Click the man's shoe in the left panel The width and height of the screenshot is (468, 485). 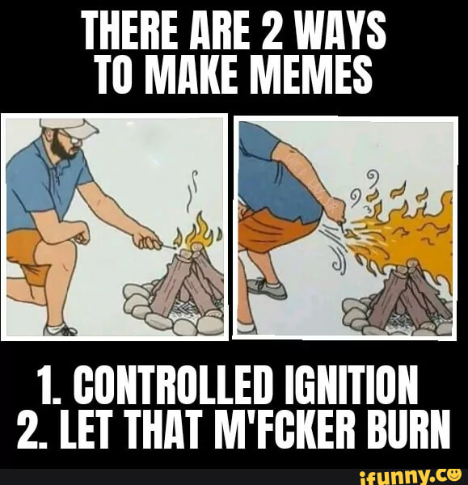click(x=61, y=330)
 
